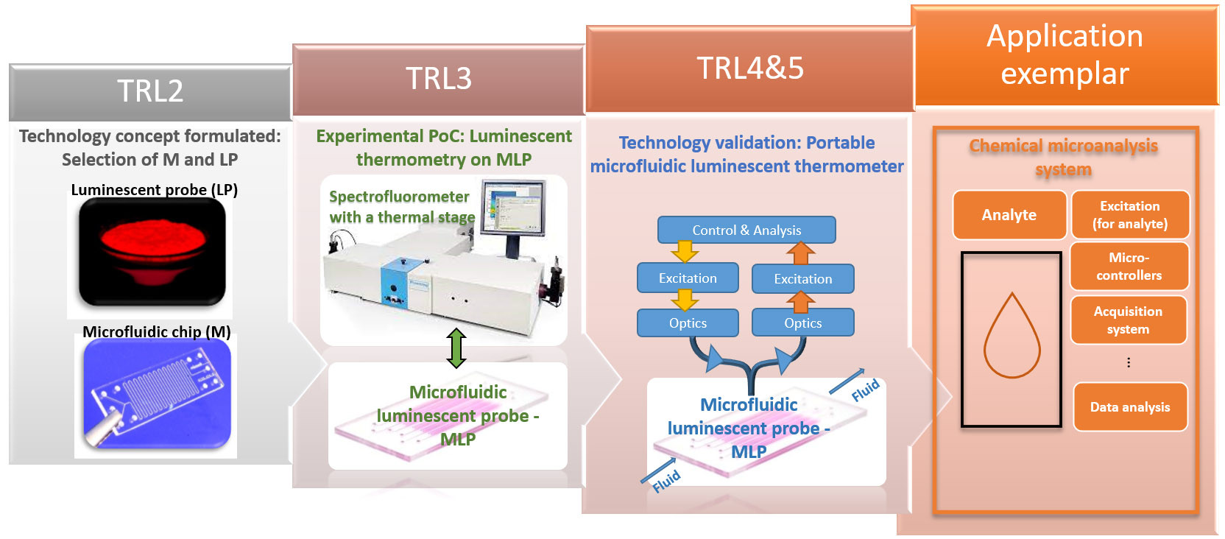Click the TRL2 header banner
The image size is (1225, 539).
pyautogui.click(x=150, y=91)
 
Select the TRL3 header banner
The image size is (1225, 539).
pyautogui.click(x=439, y=79)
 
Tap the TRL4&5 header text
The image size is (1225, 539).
pyautogui.click(x=750, y=68)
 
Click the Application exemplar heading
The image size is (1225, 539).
pyautogui.click(x=1065, y=55)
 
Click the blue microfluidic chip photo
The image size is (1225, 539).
pyautogui.click(x=157, y=394)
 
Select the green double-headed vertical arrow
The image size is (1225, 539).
pyautogui.click(x=456, y=348)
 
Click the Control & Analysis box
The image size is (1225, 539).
pyautogui.click(x=746, y=230)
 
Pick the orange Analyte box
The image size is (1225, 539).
pyautogui.click(x=1009, y=215)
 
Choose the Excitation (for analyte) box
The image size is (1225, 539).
pyautogui.click(x=1129, y=215)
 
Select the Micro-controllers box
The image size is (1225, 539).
pyautogui.click(x=1129, y=267)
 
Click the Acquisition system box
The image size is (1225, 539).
pyautogui.click(x=1128, y=320)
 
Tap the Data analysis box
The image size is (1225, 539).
pyautogui.click(x=1129, y=406)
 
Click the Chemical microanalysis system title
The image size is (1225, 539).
pyautogui.click(x=1063, y=157)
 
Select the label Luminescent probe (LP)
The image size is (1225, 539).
pyautogui.click(x=154, y=190)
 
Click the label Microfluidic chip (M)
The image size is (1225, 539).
pyautogui.click(x=156, y=332)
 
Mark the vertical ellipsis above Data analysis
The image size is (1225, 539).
pyautogui.click(x=1129, y=362)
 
